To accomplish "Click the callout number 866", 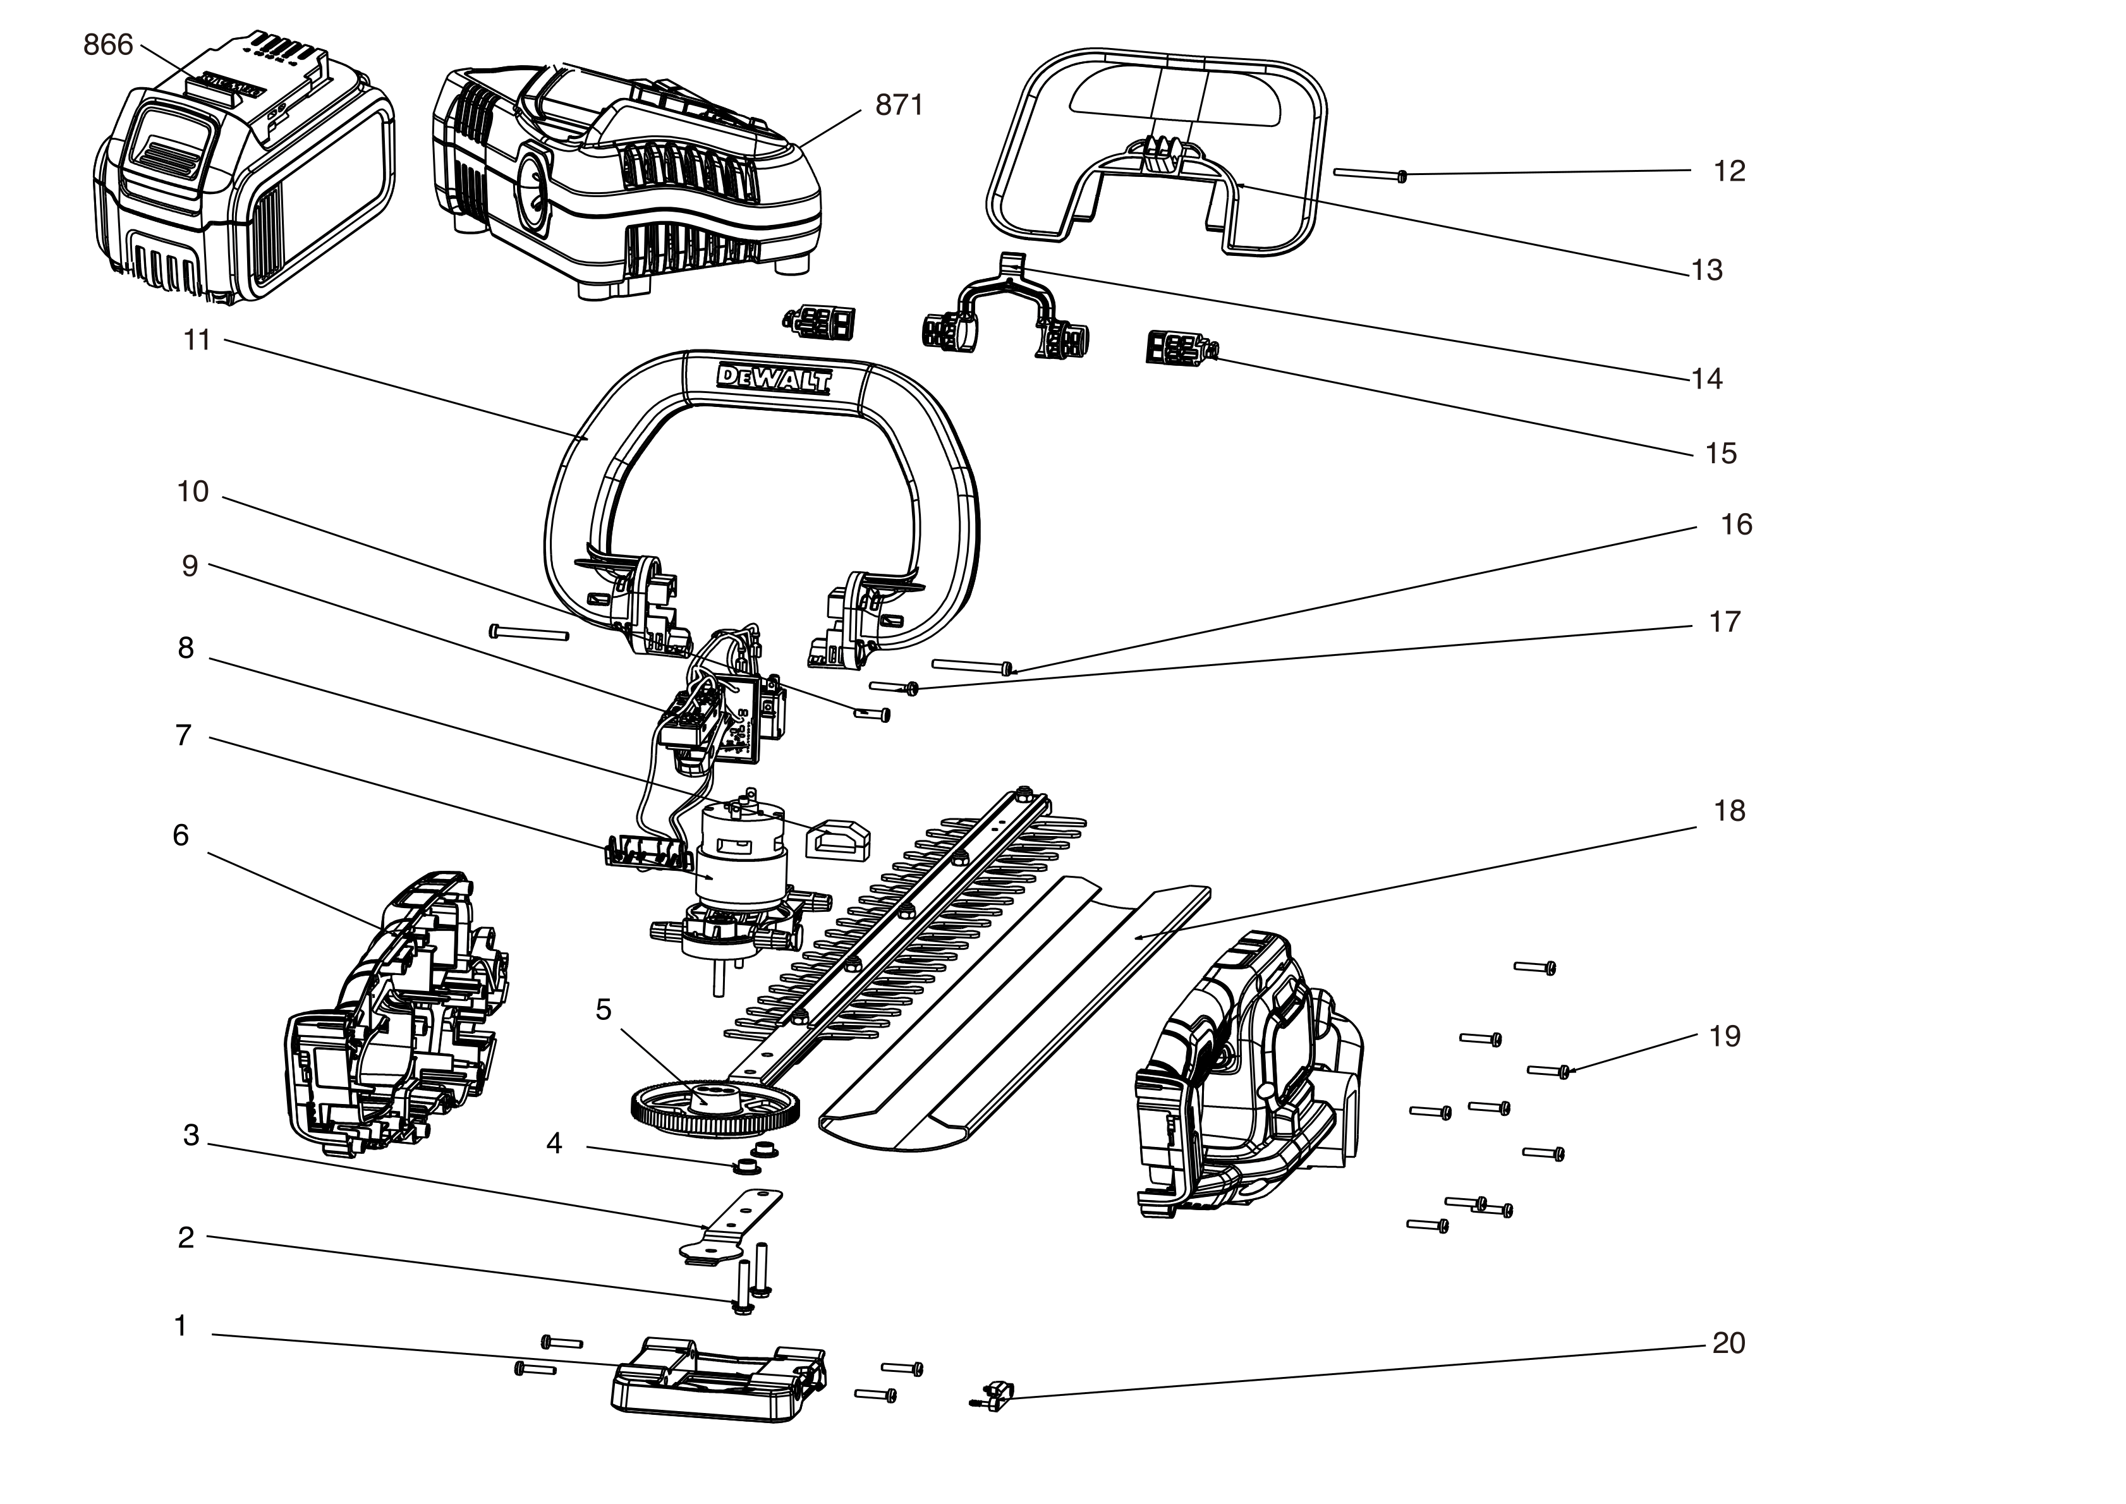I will pyautogui.click(x=108, y=44).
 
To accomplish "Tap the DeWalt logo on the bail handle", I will pyautogui.click(x=774, y=379).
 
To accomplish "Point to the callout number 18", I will pyautogui.click(x=1728, y=811).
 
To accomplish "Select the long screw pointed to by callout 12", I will pyautogui.click(x=1370, y=174).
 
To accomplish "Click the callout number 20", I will pyautogui.click(x=1728, y=1343).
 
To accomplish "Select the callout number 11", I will pyautogui.click(x=197, y=340).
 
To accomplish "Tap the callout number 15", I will pyautogui.click(x=1720, y=453).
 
